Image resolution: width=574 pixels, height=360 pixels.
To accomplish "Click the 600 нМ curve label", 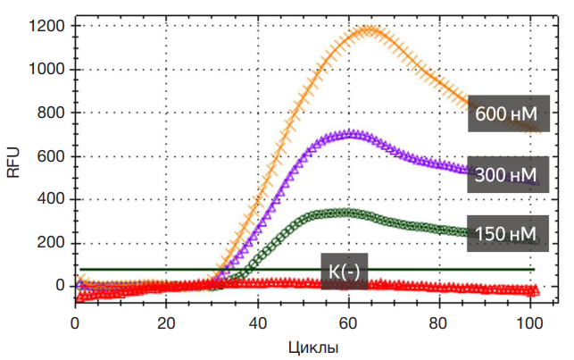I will [505, 114].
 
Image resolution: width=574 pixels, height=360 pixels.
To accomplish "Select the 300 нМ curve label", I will [505, 174].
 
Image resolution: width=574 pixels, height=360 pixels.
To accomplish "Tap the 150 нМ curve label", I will [505, 234].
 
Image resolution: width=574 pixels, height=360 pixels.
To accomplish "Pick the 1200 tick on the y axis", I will [46, 26].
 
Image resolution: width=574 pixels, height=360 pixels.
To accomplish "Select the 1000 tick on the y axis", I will [46, 70].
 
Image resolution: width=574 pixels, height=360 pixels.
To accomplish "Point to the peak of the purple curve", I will [352, 134].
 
